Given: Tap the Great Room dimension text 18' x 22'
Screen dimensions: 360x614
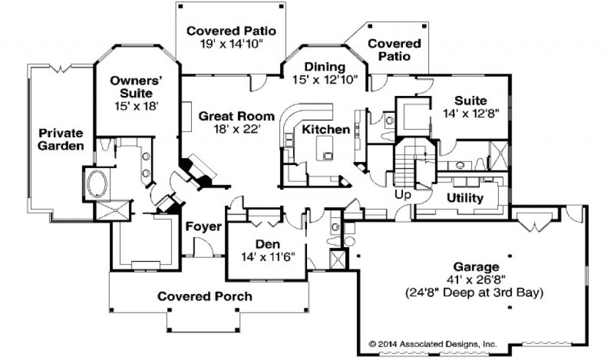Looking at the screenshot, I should tap(236, 128).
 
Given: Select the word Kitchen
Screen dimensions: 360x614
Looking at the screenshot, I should tap(326, 130).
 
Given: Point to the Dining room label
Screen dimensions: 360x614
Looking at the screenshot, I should tap(324, 67).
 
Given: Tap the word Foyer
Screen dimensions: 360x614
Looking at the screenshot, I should tap(204, 227).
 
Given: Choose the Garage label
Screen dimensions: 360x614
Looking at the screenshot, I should tap(480, 268).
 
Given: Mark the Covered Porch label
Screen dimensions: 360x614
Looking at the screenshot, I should tap(204, 296).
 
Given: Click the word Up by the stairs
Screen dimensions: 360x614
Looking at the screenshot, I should tap(402, 194).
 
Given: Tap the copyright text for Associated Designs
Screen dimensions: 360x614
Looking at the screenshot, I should tap(432, 344).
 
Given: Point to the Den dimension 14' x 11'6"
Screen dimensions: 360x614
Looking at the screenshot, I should tap(265, 257).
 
